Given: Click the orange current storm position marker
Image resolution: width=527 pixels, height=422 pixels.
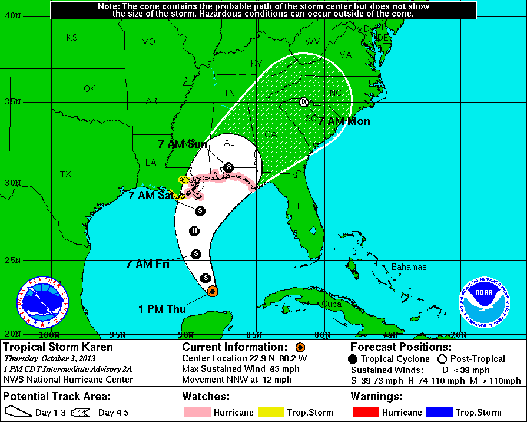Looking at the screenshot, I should [213, 291].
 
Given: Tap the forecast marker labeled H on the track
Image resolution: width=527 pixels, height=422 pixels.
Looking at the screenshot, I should [194, 230].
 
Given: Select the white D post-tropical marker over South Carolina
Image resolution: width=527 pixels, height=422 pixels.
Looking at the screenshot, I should [304, 101].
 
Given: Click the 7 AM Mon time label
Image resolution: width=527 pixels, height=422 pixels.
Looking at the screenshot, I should [344, 121].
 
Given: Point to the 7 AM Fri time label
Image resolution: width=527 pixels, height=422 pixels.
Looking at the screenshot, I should [148, 263].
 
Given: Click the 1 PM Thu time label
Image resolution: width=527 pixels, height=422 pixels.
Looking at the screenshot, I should [163, 309].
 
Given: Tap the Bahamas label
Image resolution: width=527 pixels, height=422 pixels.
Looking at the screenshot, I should [409, 267].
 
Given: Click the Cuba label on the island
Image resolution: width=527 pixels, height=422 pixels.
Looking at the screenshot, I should [332, 304].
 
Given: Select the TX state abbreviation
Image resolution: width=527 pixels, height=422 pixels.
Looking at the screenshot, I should [65, 174].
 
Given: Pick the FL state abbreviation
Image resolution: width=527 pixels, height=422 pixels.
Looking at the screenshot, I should [297, 206].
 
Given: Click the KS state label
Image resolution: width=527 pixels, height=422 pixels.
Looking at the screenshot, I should [72, 37].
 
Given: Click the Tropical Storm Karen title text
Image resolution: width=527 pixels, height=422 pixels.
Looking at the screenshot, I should [58, 347].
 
